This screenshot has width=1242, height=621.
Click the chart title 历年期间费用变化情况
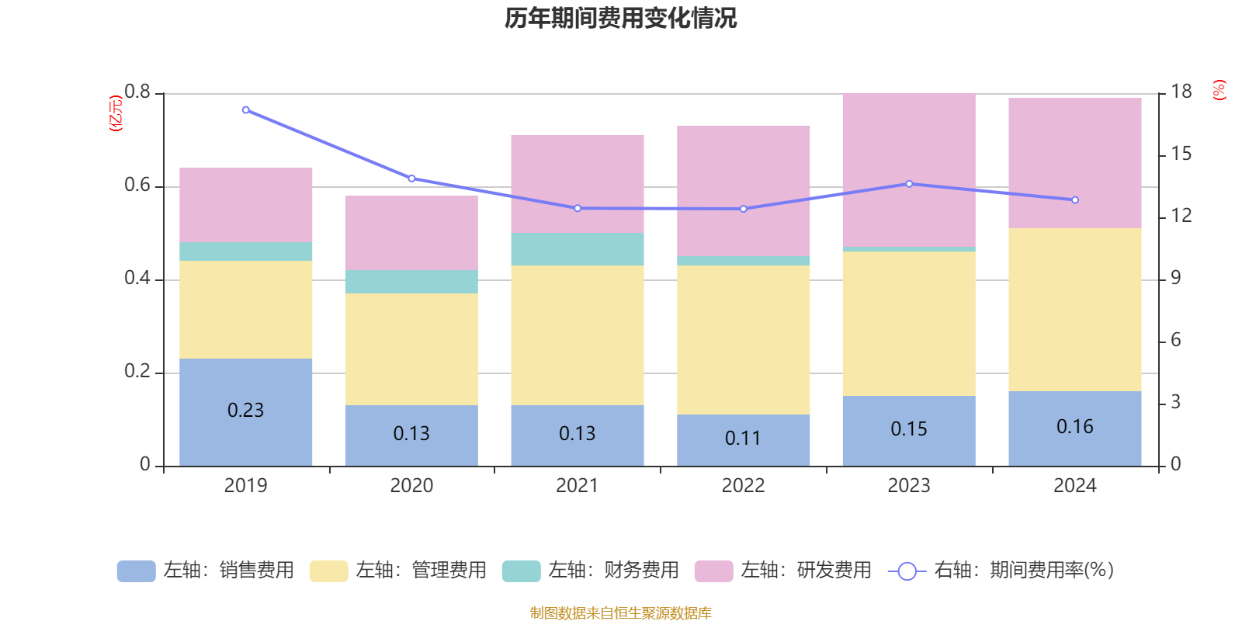click(620, 18)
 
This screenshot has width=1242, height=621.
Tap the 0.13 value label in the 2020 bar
click(411, 433)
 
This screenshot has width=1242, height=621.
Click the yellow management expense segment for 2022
click(743, 340)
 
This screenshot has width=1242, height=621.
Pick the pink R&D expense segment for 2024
click(1074, 163)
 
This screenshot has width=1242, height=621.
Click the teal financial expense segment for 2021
click(577, 249)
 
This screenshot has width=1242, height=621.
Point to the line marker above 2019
click(246, 110)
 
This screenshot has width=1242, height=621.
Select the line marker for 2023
click(909, 184)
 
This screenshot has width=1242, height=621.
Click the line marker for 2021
click(578, 208)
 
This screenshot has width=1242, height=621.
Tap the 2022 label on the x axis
click(743, 485)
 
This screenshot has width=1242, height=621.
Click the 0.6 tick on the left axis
click(137, 186)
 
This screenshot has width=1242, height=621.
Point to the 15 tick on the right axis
click(1181, 154)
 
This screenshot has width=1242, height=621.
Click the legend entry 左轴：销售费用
click(206, 571)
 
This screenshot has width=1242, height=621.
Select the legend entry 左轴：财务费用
click(591, 571)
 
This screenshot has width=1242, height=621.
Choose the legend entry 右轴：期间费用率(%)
click(1001, 571)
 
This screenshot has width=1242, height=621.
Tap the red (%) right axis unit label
click(1219, 90)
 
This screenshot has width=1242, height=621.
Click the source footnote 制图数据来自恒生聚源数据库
click(620, 613)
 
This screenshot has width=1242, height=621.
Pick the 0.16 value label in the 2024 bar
click(1074, 426)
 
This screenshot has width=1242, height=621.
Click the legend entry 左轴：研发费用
click(783, 571)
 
